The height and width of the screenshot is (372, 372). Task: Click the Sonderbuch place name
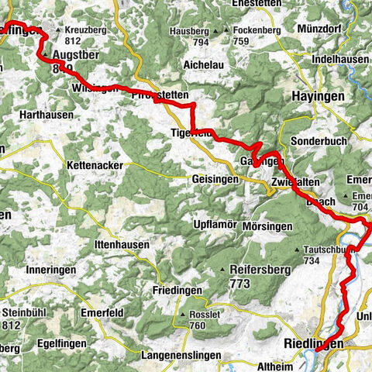pos(315,141)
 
